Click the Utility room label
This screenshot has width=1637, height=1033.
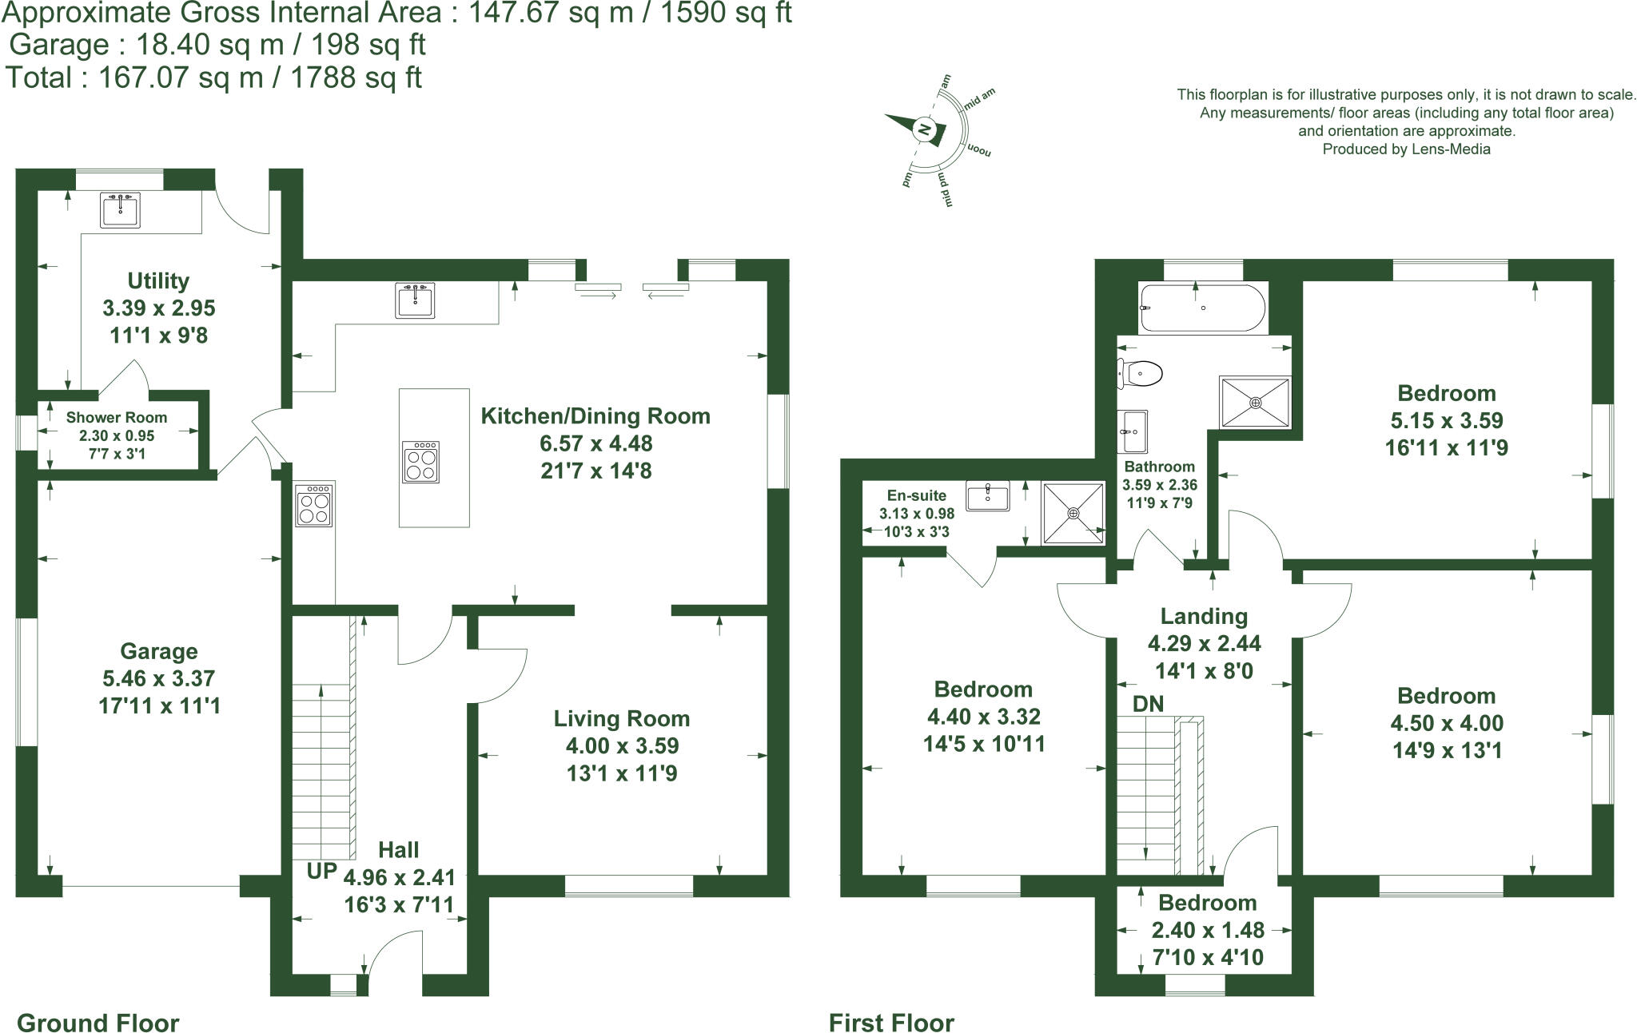tap(158, 281)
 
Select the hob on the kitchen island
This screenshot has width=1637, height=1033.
tap(420, 462)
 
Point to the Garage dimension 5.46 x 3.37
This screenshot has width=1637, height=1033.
tap(158, 679)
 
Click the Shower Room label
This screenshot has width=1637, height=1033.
tap(117, 418)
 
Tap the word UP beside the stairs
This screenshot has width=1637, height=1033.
tap(321, 871)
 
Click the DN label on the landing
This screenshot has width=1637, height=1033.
tap(1148, 705)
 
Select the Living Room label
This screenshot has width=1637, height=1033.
tap(621, 719)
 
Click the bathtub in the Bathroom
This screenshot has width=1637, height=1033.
tap(1203, 308)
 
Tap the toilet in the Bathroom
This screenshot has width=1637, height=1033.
tap(1141, 373)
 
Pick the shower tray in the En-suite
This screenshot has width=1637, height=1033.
tap(1073, 513)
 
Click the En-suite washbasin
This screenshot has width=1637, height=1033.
tap(988, 495)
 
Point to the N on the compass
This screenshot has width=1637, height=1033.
tap(924, 129)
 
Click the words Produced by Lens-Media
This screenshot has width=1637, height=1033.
tap(1406, 149)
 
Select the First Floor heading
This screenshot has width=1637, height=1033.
tap(891, 1023)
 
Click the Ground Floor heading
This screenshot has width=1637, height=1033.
tap(98, 1023)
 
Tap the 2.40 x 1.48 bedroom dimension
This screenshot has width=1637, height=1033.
tap(1208, 931)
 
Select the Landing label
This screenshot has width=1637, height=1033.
tap(1204, 617)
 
